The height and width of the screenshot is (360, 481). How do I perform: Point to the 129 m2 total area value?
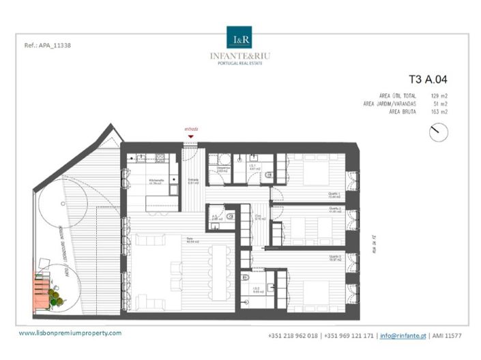439,96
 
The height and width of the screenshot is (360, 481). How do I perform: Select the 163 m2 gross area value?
439,111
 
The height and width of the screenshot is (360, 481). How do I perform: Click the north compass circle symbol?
439,132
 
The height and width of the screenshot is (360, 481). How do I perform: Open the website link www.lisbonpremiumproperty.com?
70,333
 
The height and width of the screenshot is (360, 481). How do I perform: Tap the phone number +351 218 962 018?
295,335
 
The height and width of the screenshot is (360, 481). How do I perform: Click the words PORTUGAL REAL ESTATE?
240,63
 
